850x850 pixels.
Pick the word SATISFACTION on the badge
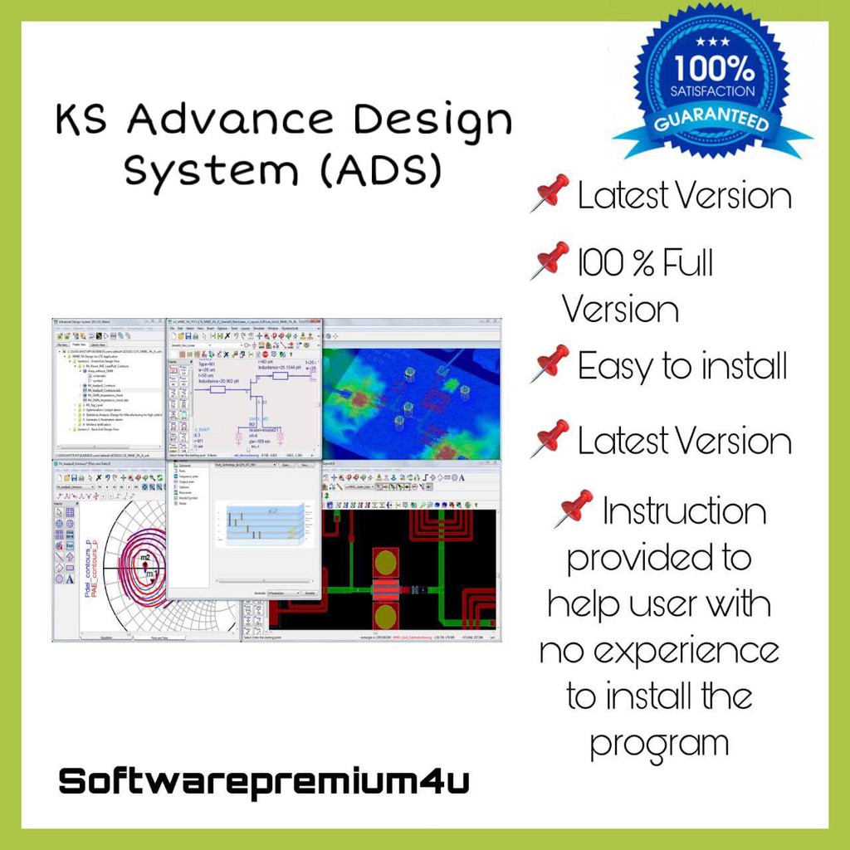[714, 90]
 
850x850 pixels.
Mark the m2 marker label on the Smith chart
[144, 556]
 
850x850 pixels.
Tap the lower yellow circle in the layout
[385, 618]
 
